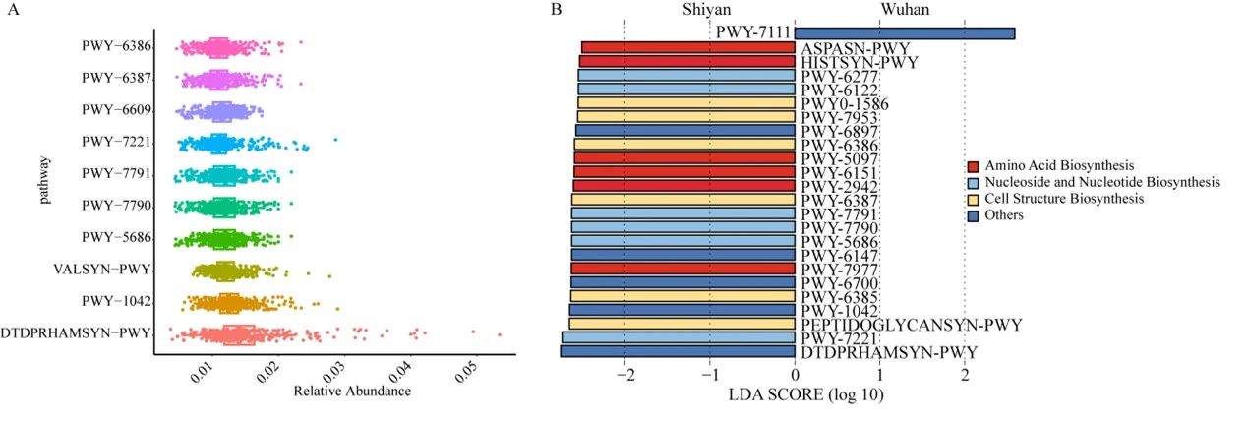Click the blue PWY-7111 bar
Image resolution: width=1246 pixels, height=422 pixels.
[x=904, y=33]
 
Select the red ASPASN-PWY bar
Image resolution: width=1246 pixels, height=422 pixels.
[x=688, y=47]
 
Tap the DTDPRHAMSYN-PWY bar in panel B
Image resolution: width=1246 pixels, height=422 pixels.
[x=678, y=351]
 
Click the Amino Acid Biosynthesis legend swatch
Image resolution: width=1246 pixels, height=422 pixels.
[x=974, y=166]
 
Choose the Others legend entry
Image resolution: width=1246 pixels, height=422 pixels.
[x=1004, y=215]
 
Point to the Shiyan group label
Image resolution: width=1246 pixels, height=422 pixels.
[x=707, y=10]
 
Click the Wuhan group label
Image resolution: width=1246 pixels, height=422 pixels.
[x=906, y=10]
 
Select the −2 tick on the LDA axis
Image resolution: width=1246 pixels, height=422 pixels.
[x=624, y=375]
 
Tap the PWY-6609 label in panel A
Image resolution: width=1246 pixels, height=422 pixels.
[x=116, y=109]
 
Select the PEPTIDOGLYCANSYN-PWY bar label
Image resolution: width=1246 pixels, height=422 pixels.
[x=911, y=324]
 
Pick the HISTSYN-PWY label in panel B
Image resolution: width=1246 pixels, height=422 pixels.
[x=860, y=62]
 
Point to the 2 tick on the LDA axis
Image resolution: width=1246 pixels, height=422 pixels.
[x=964, y=375]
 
